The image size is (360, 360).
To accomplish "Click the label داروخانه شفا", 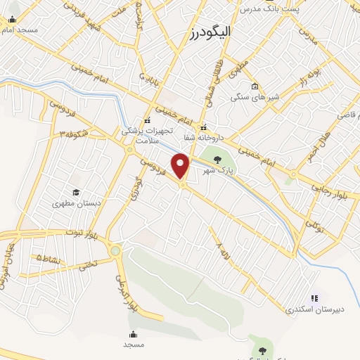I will (204, 138).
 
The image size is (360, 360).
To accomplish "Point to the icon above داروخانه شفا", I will (204, 128).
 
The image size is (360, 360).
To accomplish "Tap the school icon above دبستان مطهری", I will (75, 193).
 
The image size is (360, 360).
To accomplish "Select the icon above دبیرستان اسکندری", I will (314, 298).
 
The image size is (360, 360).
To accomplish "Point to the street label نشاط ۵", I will (49, 258).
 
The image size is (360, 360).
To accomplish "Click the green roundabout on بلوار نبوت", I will (115, 250).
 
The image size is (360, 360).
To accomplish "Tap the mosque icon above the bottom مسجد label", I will (133, 334).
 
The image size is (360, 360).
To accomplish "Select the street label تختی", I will (87, 266).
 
